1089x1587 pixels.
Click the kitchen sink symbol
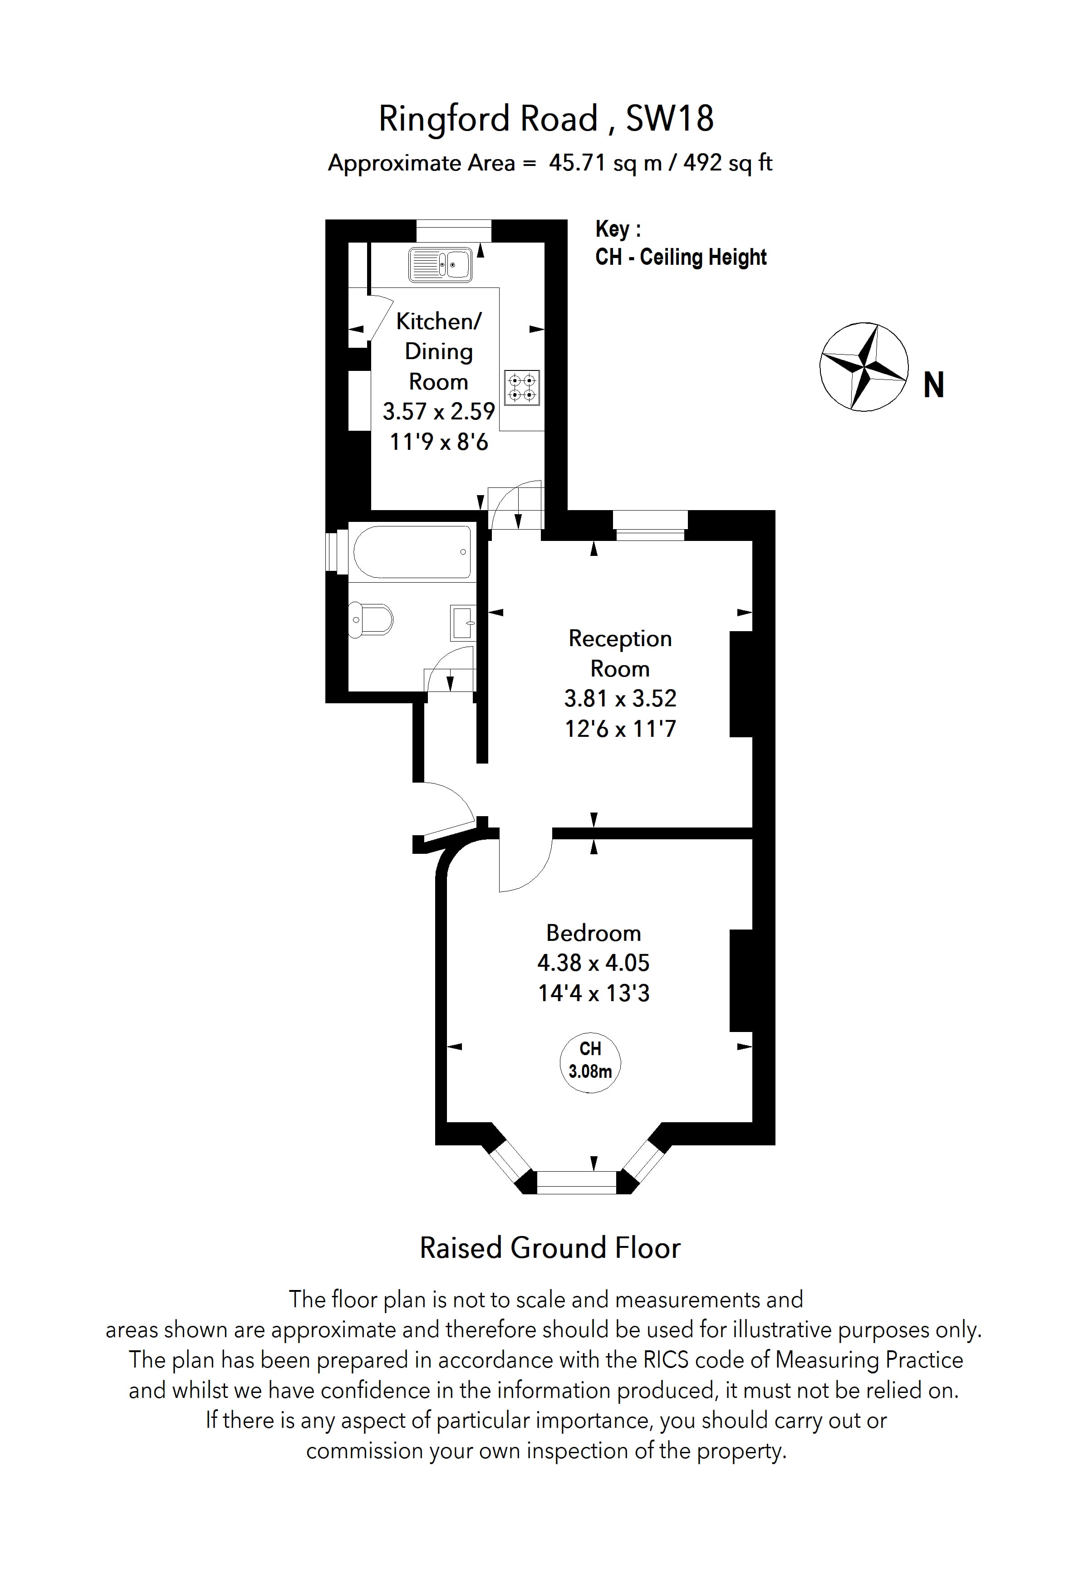(x=440, y=265)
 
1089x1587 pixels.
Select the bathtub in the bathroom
(x=412, y=552)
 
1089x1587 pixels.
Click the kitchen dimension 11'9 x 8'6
(x=439, y=442)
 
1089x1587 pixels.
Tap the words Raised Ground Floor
(x=550, y=1248)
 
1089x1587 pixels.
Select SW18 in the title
(x=670, y=118)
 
